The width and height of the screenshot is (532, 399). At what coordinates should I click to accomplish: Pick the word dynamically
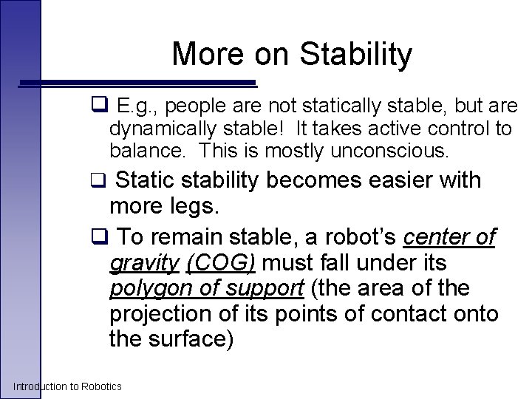(162, 129)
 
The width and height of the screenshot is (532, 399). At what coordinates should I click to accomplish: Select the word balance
(142, 151)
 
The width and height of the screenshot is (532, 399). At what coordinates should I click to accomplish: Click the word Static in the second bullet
(150, 180)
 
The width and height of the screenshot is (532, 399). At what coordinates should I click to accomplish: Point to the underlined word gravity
(144, 264)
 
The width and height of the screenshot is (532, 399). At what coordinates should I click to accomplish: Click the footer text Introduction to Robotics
(67, 386)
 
